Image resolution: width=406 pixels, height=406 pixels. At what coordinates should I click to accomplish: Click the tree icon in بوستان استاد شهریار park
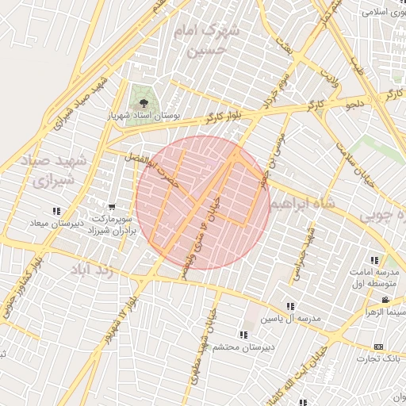[x=144, y=103]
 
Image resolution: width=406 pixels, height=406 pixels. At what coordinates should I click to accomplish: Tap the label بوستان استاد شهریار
[x=144, y=117]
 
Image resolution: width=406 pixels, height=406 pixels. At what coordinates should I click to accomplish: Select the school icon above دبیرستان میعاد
[x=56, y=211]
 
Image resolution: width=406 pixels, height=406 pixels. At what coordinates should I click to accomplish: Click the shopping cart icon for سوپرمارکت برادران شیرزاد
[x=111, y=208]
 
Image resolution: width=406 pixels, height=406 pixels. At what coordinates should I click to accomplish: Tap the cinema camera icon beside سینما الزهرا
[x=385, y=300]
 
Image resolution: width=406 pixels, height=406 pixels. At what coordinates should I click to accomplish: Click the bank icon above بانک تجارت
[x=378, y=347]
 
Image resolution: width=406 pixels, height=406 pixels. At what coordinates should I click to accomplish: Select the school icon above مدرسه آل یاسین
[x=291, y=306]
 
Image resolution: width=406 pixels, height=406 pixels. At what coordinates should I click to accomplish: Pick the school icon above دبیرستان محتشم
[x=242, y=335]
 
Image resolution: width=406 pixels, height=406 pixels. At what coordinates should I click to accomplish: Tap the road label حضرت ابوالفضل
[x=150, y=167]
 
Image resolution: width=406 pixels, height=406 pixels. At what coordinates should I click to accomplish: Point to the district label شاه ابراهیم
[x=303, y=205]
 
